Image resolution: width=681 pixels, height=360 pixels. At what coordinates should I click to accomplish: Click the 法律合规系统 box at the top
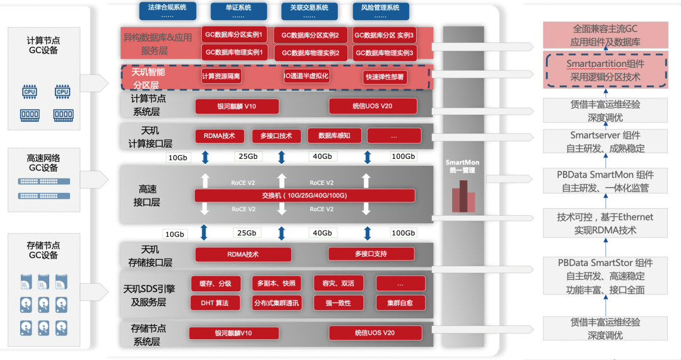pyautogui.click(x=167, y=9)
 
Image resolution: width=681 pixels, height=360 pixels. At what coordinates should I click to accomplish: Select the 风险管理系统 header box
pyautogui.click(x=380, y=9)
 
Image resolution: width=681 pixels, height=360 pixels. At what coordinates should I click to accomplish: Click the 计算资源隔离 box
pyautogui.click(x=221, y=77)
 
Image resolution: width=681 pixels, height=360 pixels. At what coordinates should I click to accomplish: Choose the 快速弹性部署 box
pyautogui.click(x=384, y=78)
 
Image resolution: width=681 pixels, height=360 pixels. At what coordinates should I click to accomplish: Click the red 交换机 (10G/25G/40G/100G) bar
pyautogui.click(x=305, y=195)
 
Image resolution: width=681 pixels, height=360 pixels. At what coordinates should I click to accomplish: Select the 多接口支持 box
pyautogui.click(x=371, y=254)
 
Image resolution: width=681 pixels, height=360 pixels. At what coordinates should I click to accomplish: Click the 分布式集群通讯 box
pyautogui.click(x=276, y=303)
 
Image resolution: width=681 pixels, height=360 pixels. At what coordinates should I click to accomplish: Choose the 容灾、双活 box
pyautogui.click(x=338, y=283)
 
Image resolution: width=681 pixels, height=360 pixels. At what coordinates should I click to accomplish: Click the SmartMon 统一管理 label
pyautogui.click(x=462, y=166)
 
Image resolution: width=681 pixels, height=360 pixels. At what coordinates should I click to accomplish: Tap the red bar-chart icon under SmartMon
pyautogui.click(x=463, y=197)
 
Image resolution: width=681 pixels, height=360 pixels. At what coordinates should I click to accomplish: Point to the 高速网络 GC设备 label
pyautogui.click(x=44, y=163)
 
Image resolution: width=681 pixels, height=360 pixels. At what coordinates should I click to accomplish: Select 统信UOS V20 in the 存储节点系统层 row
pyautogui.click(x=375, y=333)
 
